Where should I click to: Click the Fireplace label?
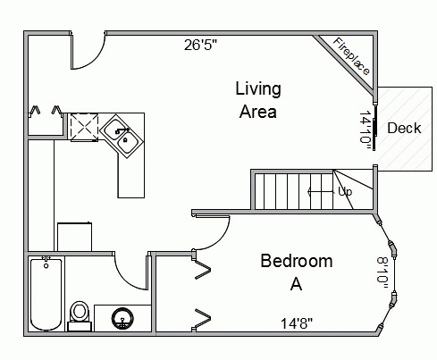[351, 56]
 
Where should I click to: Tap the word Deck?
[404, 129]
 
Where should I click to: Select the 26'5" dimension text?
[200, 45]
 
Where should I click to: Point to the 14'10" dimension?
[366, 130]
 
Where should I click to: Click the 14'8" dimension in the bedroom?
[297, 323]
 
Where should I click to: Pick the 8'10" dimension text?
[382, 272]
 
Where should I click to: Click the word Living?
[258, 89]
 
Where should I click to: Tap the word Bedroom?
[297, 261]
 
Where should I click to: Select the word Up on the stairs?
[345, 192]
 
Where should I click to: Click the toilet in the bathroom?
[79, 315]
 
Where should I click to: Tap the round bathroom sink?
[122, 318]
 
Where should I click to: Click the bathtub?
[46, 294]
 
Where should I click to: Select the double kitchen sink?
[122, 136]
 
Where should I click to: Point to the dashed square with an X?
[84, 126]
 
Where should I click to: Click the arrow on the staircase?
[321, 192]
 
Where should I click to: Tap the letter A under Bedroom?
[296, 284]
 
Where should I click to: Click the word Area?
[258, 112]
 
